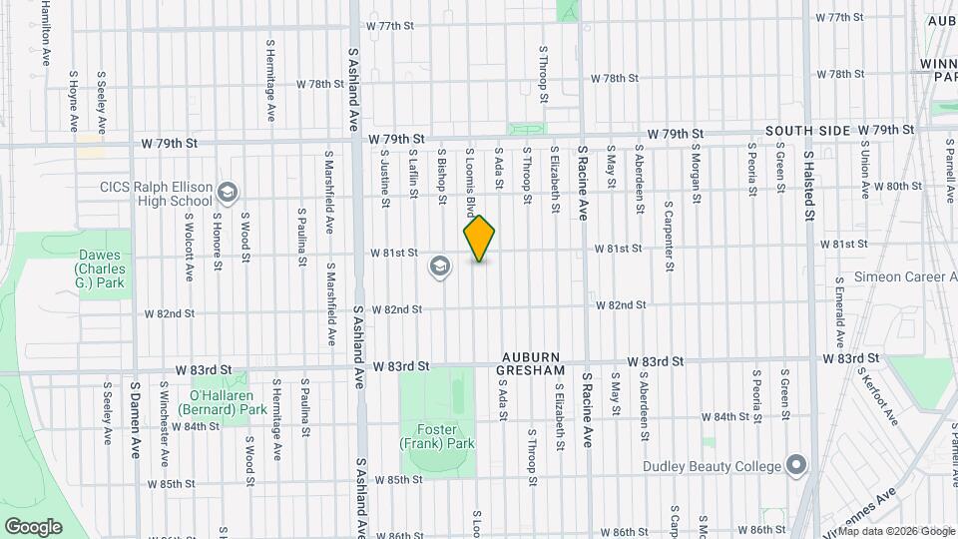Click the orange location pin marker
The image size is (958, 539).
pyautogui.click(x=479, y=239)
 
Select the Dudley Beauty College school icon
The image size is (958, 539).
pyautogui.click(x=795, y=465)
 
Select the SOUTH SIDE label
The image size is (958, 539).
pyautogui.click(x=808, y=131)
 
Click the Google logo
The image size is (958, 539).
pyautogui.click(x=33, y=525)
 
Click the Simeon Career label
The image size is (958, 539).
pyautogui.click(x=904, y=276)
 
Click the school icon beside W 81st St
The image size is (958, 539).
pyautogui.click(x=439, y=266)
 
